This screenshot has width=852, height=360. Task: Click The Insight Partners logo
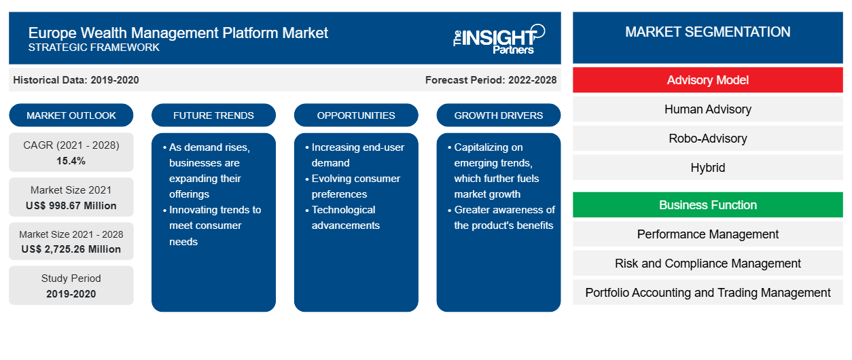pyautogui.click(x=499, y=39)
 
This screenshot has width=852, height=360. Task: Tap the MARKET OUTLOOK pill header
pyautogui.click(x=71, y=115)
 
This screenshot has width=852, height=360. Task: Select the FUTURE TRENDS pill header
pyautogui.click(x=213, y=115)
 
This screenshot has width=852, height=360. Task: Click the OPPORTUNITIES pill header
pyautogui.click(x=356, y=115)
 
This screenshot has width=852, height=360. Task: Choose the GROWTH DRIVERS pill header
pyautogui.click(x=499, y=115)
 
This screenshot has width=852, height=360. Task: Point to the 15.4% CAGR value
pyautogui.click(x=71, y=161)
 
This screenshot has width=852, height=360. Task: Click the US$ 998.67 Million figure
pyautogui.click(x=71, y=206)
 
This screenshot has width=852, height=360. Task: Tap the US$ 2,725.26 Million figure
pyautogui.click(x=71, y=249)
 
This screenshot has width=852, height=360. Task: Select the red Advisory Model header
pyautogui.click(x=708, y=80)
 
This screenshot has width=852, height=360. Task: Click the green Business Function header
pyautogui.click(x=708, y=205)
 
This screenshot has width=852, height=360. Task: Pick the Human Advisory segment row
pyautogui.click(x=708, y=109)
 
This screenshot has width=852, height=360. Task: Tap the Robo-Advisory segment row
pyautogui.click(x=708, y=139)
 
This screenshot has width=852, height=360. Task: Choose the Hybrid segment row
pyautogui.click(x=708, y=168)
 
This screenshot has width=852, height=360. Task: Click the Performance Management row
pyautogui.click(x=708, y=234)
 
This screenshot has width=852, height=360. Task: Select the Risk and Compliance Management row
pyautogui.click(x=708, y=264)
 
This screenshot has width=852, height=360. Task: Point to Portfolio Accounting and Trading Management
pyautogui.click(x=708, y=293)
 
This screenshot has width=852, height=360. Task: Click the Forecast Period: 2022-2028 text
pyautogui.click(x=491, y=80)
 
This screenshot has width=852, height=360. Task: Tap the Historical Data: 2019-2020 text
pyautogui.click(x=76, y=80)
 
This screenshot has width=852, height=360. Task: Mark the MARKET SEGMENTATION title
pyautogui.click(x=708, y=32)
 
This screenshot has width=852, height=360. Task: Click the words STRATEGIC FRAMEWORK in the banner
pyautogui.click(x=94, y=48)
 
